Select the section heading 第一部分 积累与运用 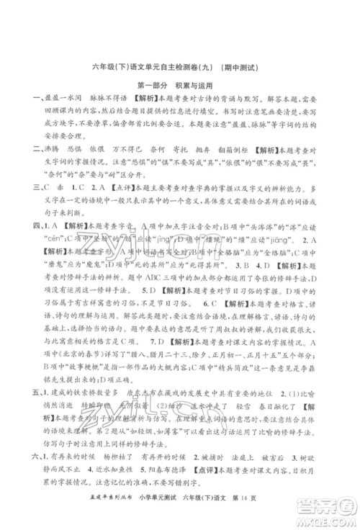(x=180, y=87)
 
